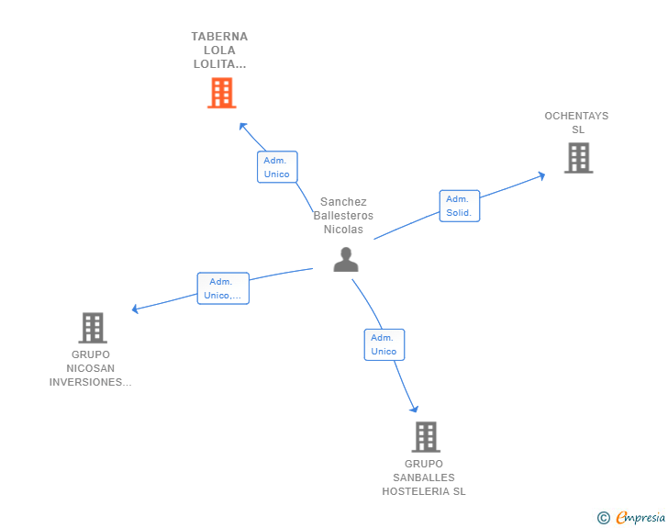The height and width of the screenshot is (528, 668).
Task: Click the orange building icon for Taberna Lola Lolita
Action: click(x=222, y=93)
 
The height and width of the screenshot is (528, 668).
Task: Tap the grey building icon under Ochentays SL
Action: click(x=578, y=158)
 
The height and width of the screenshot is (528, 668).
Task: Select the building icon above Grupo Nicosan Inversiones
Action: click(x=93, y=328)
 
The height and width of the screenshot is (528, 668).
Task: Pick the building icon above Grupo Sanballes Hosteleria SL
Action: click(x=426, y=437)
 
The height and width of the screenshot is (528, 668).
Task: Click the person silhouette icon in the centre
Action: click(x=346, y=259)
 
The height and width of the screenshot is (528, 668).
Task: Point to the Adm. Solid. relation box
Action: click(x=460, y=206)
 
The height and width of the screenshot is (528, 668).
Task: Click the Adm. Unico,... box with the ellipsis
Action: click(x=223, y=288)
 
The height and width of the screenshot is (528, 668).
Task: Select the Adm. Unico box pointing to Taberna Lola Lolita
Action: click(x=277, y=167)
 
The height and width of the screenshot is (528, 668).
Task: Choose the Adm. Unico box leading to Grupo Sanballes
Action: click(x=384, y=344)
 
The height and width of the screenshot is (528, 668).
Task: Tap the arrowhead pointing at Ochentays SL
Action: click(x=542, y=175)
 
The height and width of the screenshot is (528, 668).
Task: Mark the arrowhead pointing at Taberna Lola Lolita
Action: click(x=243, y=127)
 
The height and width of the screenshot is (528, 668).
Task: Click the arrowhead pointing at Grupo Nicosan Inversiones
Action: click(x=136, y=309)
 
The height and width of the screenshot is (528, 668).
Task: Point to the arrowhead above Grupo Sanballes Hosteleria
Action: click(x=414, y=409)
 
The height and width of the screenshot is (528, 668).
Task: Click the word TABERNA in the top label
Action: click(x=219, y=37)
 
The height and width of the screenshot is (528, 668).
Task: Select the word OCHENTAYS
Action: click(x=576, y=116)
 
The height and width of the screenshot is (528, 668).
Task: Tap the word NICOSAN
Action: click(x=90, y=368)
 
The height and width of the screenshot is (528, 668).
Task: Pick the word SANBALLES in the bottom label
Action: click(x=424, y=477)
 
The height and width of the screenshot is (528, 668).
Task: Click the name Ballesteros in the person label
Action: click(x=343, y=216)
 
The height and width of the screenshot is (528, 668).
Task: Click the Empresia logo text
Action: click(x=640, y=518)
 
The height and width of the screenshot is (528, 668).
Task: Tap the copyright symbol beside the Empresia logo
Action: click(x=604, y=518)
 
